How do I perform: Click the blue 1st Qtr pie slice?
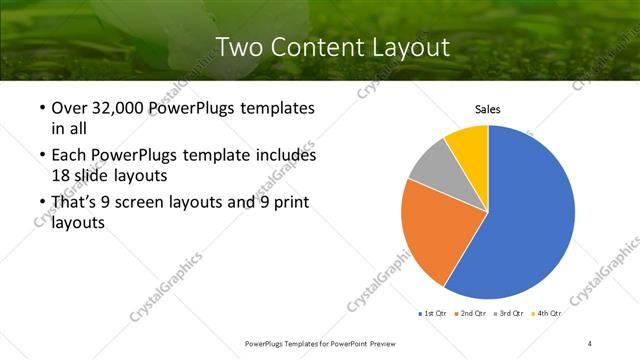[x=530, y=220]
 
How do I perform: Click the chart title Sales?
[x=487, y=110]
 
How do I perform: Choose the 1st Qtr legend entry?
[x=435, y=314]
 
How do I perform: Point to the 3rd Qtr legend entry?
[x=509, y=314]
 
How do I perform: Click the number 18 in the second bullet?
[x=60, y=174]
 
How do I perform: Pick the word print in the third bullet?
[x=289, y=203]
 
